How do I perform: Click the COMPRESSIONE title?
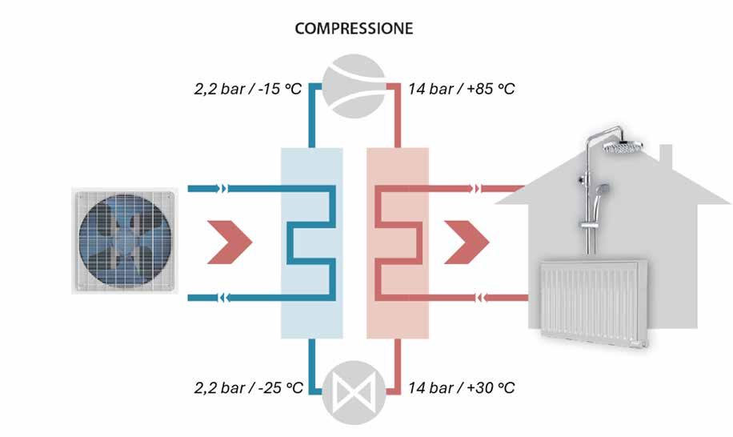coord(354,29)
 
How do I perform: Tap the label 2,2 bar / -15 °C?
coord(248,88)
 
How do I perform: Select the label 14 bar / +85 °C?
coord(461,88)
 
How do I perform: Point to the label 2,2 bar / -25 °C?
coord(248,388)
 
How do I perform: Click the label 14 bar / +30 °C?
coord(461,388)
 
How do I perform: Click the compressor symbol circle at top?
coord(354,86)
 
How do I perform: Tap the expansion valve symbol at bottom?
coord(354,394)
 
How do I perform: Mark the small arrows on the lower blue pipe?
coord(221,298)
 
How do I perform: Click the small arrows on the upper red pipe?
coord(478,190)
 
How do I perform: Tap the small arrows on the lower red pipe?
coord(483,298)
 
